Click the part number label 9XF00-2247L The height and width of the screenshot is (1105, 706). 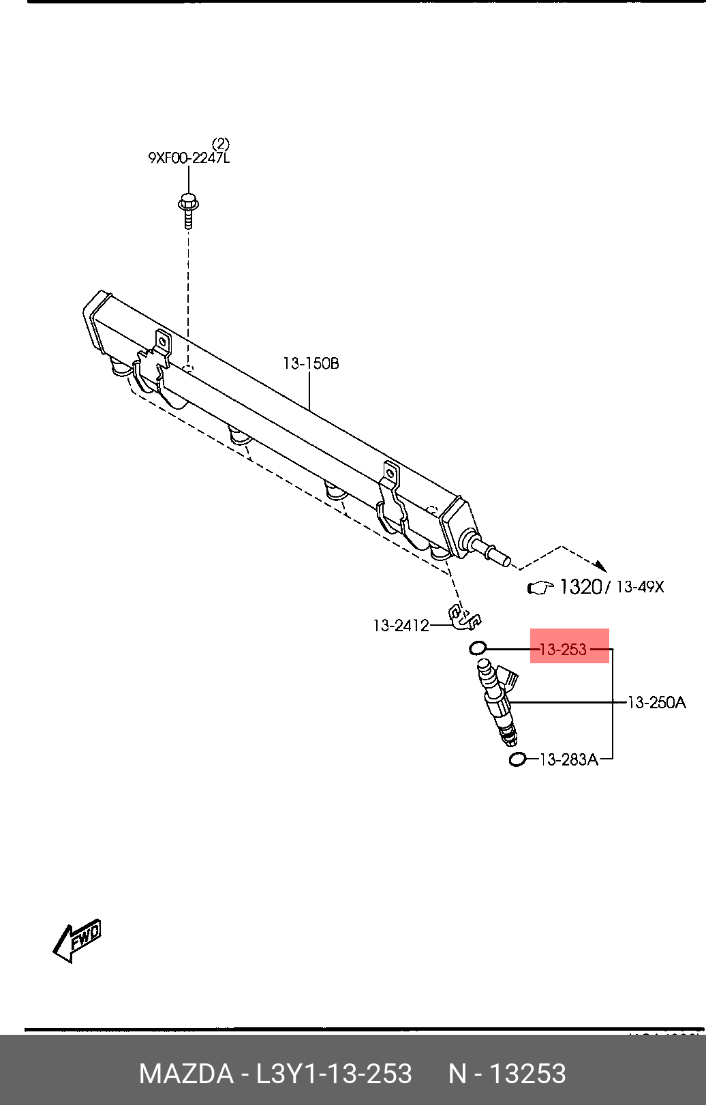point(189,158)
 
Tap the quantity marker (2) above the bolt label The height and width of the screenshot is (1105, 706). point(220,144)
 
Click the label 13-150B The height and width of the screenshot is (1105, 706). point(311,363)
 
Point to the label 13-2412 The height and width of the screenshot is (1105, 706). point(401,625)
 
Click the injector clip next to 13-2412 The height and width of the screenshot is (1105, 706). point(464,617)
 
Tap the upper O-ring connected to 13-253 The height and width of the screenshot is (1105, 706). point(478,648)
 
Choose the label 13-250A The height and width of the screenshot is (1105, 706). point(656,702)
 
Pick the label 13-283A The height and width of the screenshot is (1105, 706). point(568,759)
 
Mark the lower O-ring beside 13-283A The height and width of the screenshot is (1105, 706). point(518,759)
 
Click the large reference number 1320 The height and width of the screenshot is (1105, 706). point(580,586)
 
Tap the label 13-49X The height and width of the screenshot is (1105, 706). point(639,586)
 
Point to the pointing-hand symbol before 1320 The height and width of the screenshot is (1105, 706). point(542,587)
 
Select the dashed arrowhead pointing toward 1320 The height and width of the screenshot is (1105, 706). point(600,566)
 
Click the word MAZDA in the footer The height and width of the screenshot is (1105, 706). point(185,1074)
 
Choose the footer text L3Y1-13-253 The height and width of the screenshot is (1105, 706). point(333,1074)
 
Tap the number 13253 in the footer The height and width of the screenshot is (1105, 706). point(528,1074)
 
